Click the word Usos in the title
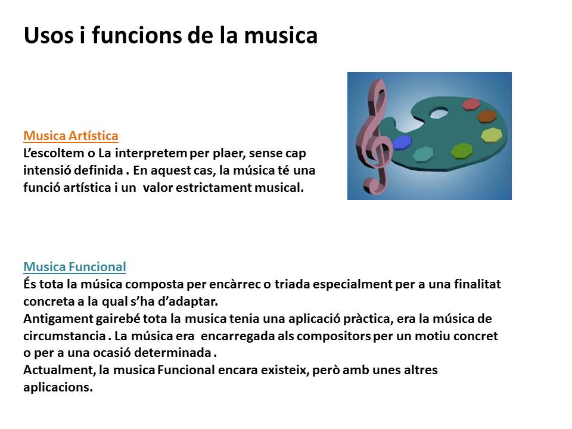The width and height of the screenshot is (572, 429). (x=48, y=35)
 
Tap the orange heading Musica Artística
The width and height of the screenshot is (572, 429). (x=71, y=136)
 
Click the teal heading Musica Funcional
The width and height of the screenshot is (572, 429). (x=75, y=267)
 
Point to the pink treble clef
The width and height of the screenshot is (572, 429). (x=374, y=137)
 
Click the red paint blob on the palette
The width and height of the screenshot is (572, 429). (x=471, y=104)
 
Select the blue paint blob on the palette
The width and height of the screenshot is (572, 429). (x=402, y=142)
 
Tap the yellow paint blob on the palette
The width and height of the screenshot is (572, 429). (x=492, y=135)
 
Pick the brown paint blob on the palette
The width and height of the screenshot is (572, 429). (x=487, y=116)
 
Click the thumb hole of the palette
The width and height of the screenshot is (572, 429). (x=439, y=113)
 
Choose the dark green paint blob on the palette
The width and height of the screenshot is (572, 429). (x=462, y=151)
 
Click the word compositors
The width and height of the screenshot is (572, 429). (x=334, y=336)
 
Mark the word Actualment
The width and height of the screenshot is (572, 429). (x=60, y=370)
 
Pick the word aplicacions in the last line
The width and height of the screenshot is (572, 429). (x=58, y=387)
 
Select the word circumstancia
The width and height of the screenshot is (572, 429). (x=64, y=335)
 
